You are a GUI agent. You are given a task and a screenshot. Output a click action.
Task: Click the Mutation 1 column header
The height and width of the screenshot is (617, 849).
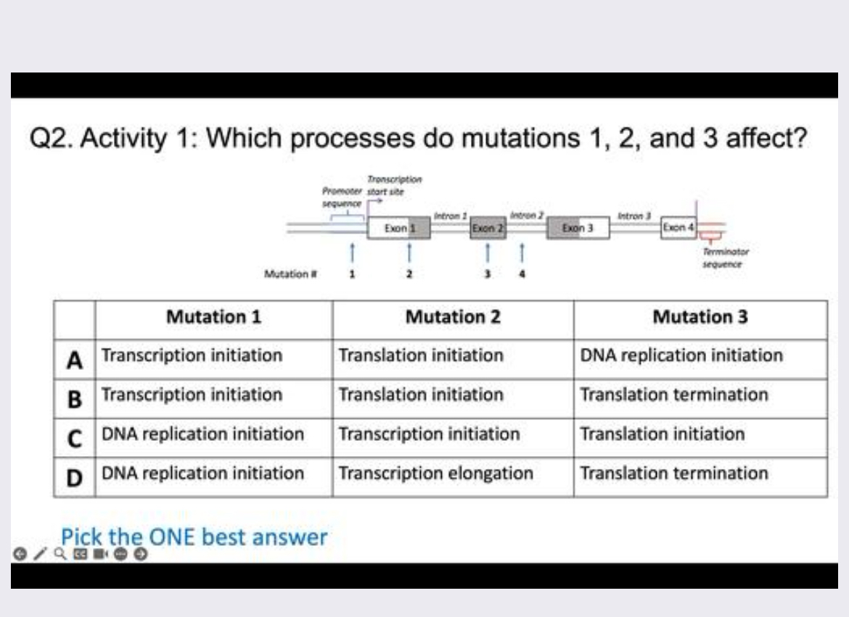(x=213, y=318)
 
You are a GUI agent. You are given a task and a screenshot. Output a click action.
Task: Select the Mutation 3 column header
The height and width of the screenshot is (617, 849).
(x=700, y=318)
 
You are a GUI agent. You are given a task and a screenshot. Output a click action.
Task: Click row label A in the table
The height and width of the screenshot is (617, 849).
(x=73, y=359)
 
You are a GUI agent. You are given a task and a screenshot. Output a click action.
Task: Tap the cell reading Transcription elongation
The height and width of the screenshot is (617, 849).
(x=435, y=473)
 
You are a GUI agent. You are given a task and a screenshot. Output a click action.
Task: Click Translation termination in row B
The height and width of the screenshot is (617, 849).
(x=674, y=395)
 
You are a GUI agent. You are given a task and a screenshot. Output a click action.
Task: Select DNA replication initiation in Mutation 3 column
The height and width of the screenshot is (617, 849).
(x=681, y=356)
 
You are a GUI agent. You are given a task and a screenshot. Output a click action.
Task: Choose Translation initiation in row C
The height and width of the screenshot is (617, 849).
(x=663, y=434)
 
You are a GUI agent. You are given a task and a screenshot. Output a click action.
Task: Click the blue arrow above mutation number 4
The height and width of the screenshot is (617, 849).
(x=522, y=253)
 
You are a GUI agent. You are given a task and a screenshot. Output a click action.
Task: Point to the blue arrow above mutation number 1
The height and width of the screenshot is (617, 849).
(x=352, y=253)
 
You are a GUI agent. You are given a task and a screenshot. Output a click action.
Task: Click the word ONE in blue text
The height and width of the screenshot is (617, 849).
(x=173, y=537)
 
